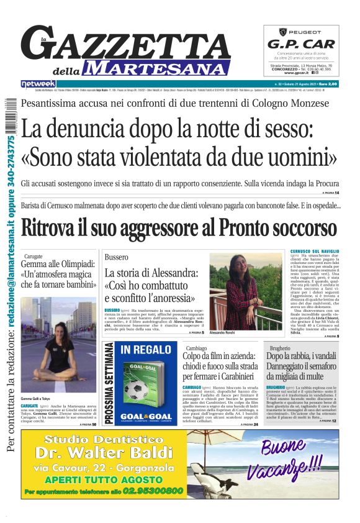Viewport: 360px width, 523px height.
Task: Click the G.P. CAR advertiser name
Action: coord(301,44)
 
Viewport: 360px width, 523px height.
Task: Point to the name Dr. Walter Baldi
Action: coord(95,452)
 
